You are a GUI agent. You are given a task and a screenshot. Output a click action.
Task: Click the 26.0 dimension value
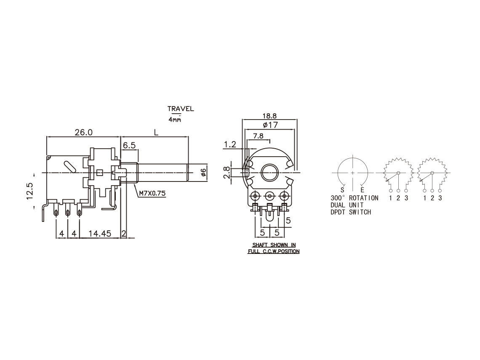(83, 132)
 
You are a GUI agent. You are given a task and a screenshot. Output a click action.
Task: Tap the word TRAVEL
(181, 109)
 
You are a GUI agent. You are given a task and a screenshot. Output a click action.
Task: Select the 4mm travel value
(174, 120)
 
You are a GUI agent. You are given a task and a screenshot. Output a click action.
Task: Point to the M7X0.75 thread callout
(152, 193)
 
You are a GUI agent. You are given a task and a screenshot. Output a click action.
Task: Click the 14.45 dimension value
(100, 233)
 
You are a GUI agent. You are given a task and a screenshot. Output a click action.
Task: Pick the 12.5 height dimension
(30, 191)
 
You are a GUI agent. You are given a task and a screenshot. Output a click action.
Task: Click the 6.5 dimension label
(129, 145)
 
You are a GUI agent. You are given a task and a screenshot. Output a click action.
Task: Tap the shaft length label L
(156, 133)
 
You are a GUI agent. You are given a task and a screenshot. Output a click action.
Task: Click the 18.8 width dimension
(269, 116)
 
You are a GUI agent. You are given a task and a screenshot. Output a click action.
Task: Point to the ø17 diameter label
(270, 125)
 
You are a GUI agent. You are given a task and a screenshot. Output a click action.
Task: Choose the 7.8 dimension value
(258, 136)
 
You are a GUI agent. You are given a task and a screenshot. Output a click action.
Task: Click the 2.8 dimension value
(226, 172)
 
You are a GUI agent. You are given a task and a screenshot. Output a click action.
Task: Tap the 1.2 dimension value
(230, 144)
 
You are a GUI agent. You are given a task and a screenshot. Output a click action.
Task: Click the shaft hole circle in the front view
(270, 172)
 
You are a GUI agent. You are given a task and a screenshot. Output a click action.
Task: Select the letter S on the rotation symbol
(342, 190)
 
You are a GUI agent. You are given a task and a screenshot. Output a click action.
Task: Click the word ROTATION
(364, 198)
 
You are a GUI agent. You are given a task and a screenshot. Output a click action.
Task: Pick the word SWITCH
(360, 212)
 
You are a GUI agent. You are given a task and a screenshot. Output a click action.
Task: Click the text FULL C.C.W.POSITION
(274, 251)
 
